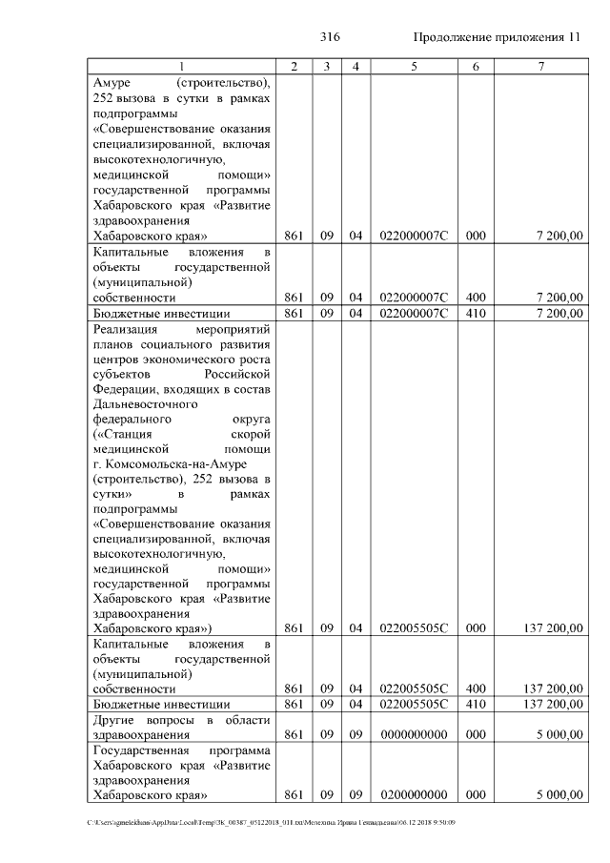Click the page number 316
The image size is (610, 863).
pos(330,37)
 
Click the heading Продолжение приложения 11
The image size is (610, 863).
pos(497,37)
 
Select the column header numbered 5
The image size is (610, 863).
pos(414,66)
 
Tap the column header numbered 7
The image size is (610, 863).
pos(541,66)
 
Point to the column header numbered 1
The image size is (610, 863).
pos(181,66)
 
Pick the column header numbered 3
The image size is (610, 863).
pos(326,66)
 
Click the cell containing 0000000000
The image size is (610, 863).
pos(414,735)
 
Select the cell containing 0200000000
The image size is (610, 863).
pos(414,794)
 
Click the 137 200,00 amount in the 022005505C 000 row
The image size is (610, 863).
pos(547,628)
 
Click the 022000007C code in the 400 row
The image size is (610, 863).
pos(414,298)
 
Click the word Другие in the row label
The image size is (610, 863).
pos(115,719)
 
